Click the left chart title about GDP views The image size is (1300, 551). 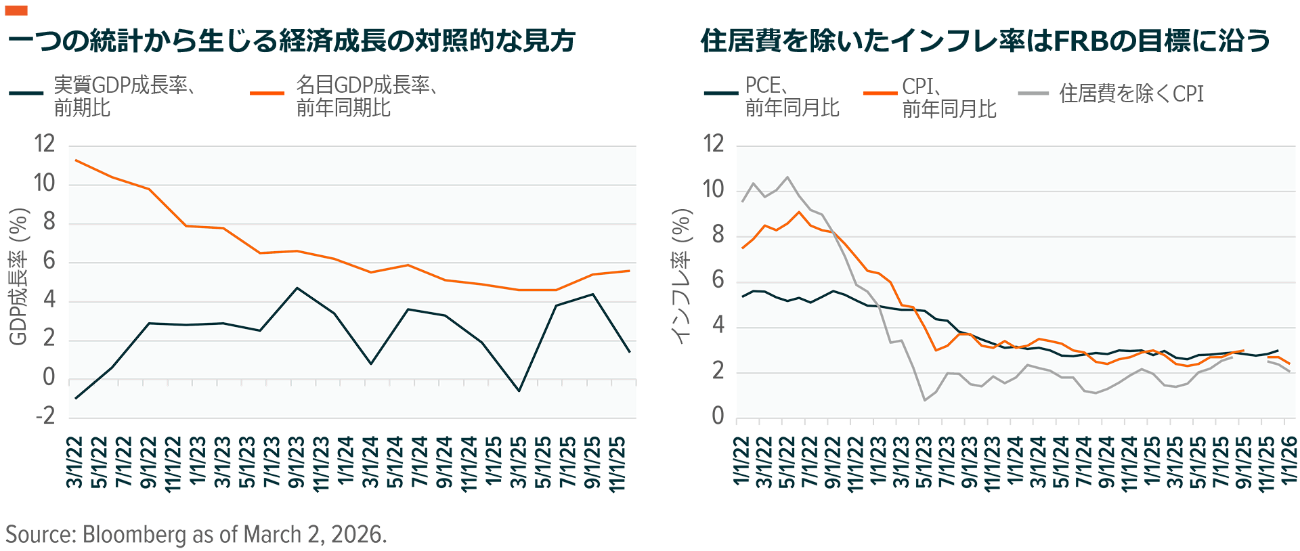click(291, 41)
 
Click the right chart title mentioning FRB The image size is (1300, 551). click(985, 41)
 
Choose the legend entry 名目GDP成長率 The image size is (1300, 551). click(366, 96)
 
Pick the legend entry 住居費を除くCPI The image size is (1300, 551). click(1131, 93)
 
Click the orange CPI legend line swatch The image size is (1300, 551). click(880, 93)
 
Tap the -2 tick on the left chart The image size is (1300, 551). click(45, 416)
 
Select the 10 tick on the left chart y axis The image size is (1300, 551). click(44, 183)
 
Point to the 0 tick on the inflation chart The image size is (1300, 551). click(718, 416)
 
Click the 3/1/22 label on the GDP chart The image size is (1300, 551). click(74, 462)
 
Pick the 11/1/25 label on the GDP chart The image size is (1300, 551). click(617, 464)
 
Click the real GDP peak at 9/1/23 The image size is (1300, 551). click(297, 288)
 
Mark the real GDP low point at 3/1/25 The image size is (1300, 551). click(519, 391)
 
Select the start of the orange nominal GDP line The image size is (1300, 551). click(76, 160)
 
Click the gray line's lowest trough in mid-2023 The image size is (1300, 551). click(925, 400)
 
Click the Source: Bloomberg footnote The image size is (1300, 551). click(196, 534)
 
